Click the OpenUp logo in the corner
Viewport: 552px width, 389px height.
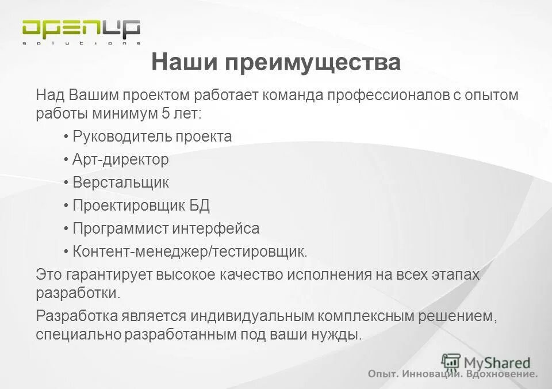(80, 31)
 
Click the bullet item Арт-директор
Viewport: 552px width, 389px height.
(121, 159)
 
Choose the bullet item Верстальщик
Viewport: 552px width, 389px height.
(121, 182)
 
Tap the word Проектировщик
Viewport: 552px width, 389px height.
(127, 205)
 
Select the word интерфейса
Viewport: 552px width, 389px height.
(216, 228)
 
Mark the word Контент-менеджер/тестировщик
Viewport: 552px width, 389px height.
(190, 251)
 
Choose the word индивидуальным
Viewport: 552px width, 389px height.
(250, 316)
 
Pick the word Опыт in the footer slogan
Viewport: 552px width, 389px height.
(382, 375)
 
